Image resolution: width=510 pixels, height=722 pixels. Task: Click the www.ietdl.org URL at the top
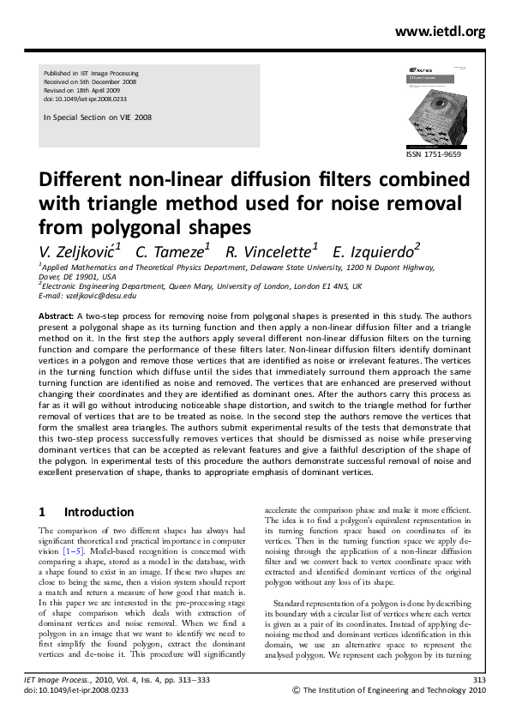(x=440, y=32)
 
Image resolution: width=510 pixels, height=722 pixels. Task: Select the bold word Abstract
(x=56, y=316)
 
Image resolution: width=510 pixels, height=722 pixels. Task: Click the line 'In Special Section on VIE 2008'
(x=97, y=117)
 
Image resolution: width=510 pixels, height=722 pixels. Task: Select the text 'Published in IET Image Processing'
(x=91, y=75)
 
